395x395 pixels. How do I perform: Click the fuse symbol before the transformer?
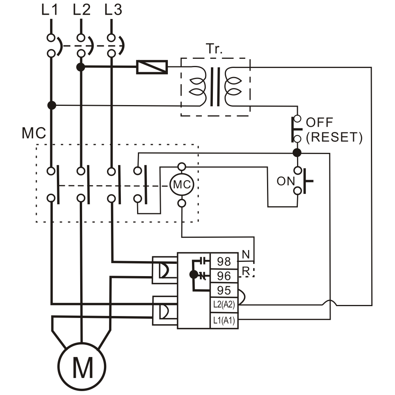[152, 67]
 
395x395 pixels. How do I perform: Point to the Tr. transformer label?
[214, 49]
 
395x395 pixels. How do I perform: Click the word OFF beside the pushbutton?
[320, 122]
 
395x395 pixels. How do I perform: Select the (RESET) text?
[334, 137]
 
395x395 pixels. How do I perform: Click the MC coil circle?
[182, 184]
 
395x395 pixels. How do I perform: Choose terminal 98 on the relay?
[224, 261]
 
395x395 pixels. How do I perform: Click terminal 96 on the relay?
[224, 275]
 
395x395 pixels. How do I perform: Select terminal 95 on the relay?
[224, 290]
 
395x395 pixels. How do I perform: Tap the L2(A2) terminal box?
[224, 305]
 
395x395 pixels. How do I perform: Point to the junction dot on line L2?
[81, 67]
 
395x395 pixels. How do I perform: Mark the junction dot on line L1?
[51, 105]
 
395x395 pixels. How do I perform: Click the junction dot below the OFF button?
[297, 152]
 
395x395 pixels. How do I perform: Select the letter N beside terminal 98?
[246, 255]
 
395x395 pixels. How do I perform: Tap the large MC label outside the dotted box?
[34, 134]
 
